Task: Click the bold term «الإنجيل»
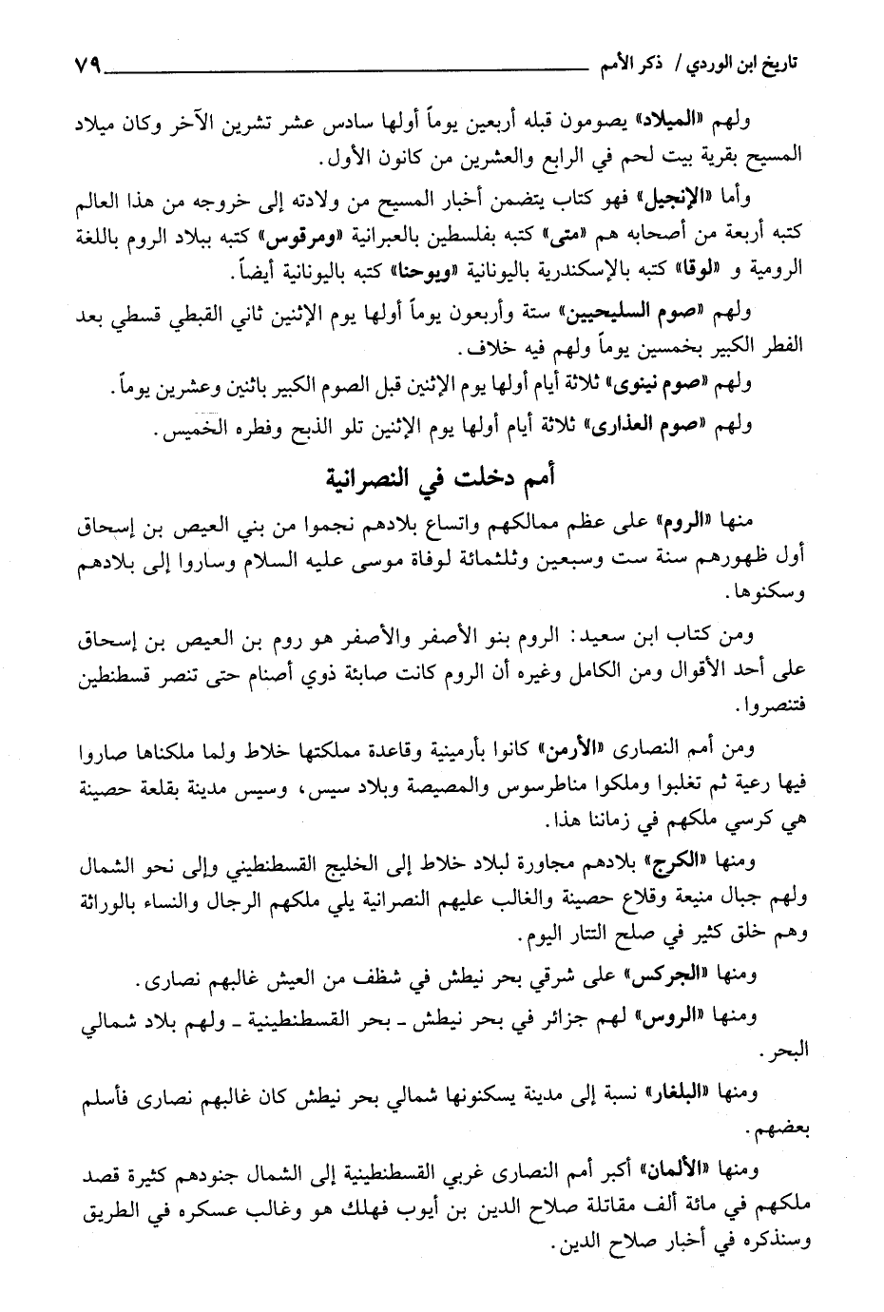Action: (697, 200)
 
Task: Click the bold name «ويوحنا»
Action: (395, 272)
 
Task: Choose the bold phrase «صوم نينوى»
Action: (671, 383)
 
